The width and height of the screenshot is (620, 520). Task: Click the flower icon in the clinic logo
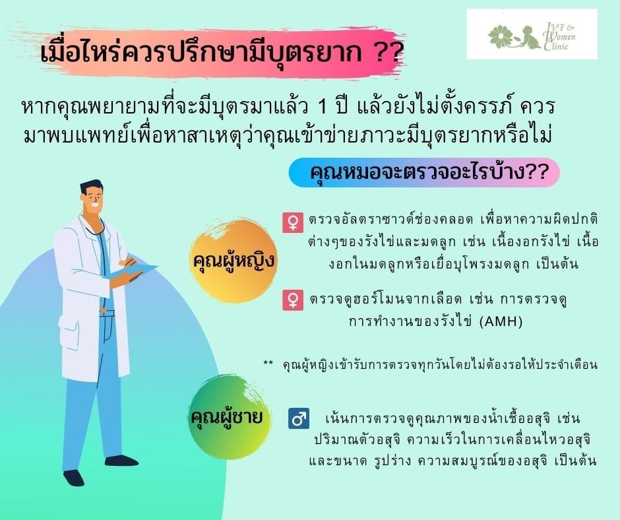(500, 36)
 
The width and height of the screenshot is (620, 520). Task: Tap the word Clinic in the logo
(555, 46)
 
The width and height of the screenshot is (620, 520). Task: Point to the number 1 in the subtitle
(323, 108)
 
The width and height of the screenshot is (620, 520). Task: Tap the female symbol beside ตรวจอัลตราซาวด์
(293, 222)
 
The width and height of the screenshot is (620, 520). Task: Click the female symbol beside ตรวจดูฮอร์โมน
(293, 300)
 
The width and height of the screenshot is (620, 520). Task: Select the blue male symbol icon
(299, 418)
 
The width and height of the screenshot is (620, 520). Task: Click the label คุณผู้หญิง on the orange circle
(233, 261)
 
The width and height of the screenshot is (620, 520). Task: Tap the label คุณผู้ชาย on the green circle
(227, 417)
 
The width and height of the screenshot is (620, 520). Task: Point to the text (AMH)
(501, 321)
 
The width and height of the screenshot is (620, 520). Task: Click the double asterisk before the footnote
(268, 362)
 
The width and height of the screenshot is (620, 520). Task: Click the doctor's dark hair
(91, 186)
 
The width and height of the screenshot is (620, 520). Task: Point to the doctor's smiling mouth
(95, 206)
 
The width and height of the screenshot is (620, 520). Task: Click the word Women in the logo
(560, 36)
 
